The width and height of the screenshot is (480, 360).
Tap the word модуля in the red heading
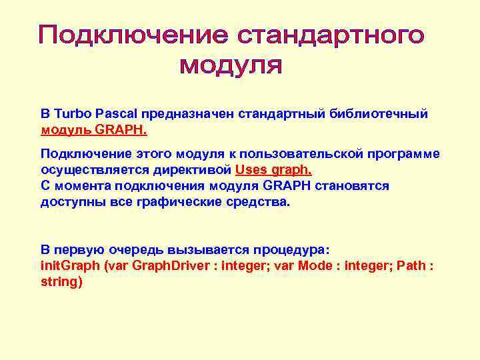[x=231, y=67]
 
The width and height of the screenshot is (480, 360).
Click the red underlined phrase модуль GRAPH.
[x=94, y=129]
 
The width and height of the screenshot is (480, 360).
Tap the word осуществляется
[x=87, y=169]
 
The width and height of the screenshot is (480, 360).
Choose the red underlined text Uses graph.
[x=273, y=169]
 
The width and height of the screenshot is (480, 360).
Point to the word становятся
[x=351, y=185]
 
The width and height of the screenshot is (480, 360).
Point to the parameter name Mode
[x=313, y=265]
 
